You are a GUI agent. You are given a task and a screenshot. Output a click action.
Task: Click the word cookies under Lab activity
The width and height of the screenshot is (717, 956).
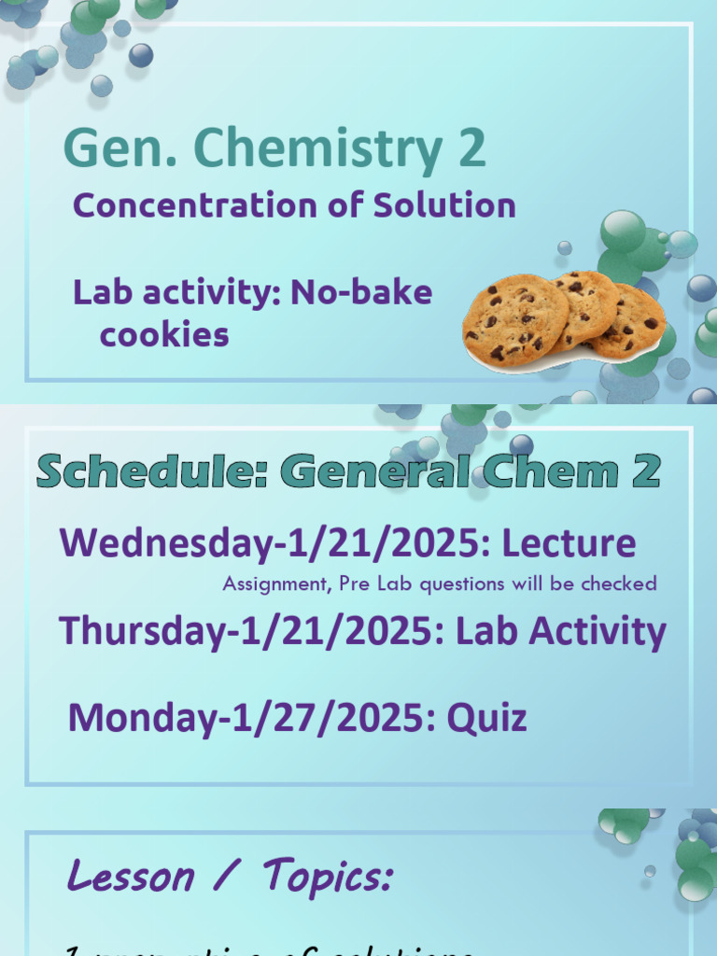coord(164,334)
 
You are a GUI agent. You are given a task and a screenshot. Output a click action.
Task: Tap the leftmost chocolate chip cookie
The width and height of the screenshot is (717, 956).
coord(514,320)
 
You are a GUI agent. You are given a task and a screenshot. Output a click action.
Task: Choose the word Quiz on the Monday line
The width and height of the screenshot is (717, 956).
coord(486,718)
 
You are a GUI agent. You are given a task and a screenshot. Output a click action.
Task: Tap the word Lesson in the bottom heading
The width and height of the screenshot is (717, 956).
coord(131,876)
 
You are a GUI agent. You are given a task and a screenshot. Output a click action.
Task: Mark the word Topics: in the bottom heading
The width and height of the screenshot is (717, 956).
coord(328,876)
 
